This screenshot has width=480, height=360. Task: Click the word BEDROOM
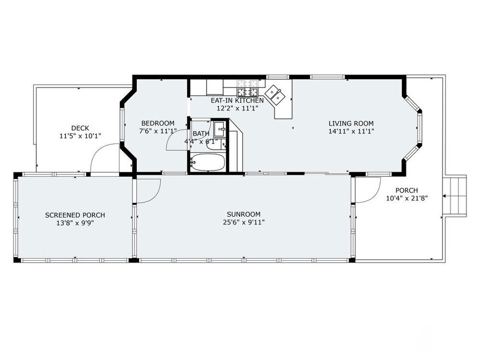click(157, 123)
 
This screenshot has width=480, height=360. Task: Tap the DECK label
click(80, 128)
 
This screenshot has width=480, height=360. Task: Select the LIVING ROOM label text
click(351, 124)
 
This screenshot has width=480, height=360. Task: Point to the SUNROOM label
click(244, 214)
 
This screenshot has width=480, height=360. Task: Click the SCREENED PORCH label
click(75, 215)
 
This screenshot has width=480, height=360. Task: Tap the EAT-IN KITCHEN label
click(237, 100)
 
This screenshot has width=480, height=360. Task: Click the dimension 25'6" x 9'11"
click(244, 222)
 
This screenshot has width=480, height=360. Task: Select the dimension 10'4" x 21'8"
click(407, 198)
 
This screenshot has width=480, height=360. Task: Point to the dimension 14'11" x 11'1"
click(351, 132)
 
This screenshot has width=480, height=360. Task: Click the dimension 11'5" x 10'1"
click(80, 136)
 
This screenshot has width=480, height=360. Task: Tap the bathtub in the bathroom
click(208, 162)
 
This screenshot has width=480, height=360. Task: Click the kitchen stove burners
click(247, 87)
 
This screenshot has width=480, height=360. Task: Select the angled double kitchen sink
click(275, 95)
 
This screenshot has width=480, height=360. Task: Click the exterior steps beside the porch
click(456, 196)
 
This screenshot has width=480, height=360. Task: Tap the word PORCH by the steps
click(407, 191)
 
